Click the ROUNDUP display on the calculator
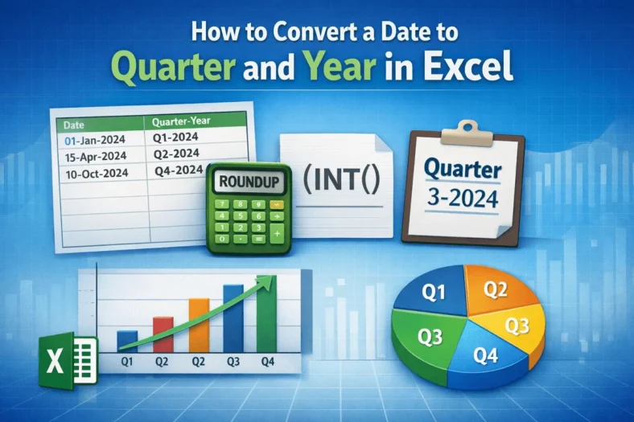249,182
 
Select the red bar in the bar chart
163,334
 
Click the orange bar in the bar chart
199,325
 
